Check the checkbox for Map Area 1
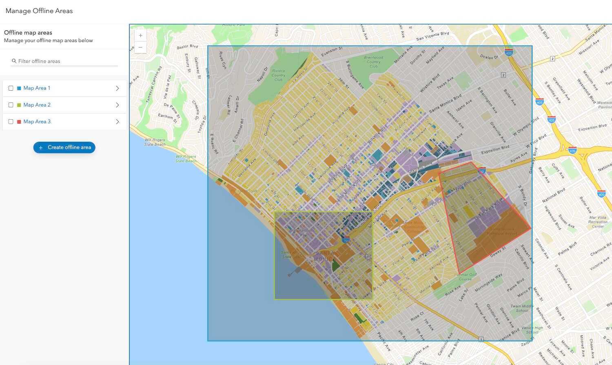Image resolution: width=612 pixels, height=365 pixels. click(x=11, y=88)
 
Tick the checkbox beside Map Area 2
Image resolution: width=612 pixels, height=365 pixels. click(x=11, y=105)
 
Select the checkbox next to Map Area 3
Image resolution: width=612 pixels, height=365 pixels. click(x=11, y=122)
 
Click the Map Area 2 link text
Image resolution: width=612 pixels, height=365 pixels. click(x=37, y=105)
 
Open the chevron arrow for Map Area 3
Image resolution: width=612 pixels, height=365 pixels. click(x=118, y=122)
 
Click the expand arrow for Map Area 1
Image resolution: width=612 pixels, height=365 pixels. click(x=118, y=88)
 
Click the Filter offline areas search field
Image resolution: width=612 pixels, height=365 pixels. click(x=65, y=61)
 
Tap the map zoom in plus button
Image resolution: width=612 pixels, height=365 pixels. click(x=140, y=36)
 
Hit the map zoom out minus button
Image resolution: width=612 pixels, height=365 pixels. click(x=140, y=47)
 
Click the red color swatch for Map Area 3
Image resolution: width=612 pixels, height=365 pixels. click(x=19, y=122)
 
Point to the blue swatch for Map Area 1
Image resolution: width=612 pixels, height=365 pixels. click(x=19, y=88)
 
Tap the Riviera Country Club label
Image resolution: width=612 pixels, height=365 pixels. click(x=278, y=75)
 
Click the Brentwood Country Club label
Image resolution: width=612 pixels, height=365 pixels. click(x=373, y=62)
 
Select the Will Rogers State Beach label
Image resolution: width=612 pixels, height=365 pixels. click(x=155, y=142)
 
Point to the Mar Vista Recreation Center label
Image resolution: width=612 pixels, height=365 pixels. click(x=598, y=222)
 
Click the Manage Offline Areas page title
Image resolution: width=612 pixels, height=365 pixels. click(x=39, y=11)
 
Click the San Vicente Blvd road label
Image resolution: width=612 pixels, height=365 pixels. click(x=432, y=36)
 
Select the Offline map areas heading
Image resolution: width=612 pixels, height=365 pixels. click(x=28, y=33)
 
